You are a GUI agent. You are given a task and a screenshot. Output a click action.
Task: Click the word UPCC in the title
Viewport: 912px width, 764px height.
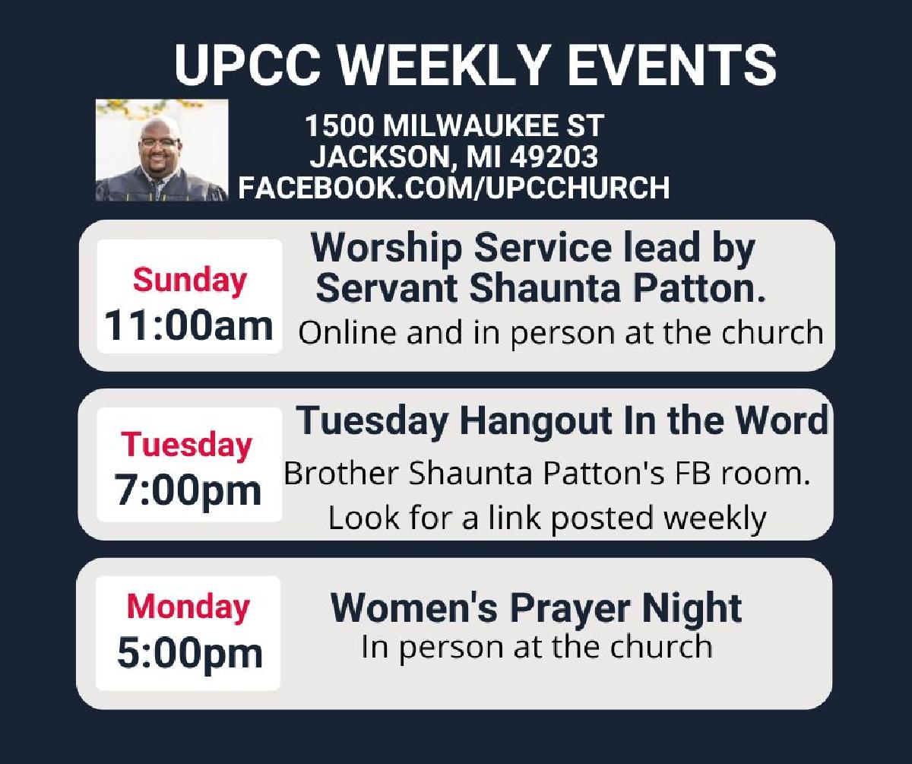pyautogui.click(x=247, y=65)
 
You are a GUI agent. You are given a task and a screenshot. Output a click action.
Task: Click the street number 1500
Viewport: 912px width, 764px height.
pyautogui.click(x=340, y=125)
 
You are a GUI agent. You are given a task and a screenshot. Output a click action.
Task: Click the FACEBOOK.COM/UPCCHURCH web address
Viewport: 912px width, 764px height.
pyautogui.click(x=454, y=188)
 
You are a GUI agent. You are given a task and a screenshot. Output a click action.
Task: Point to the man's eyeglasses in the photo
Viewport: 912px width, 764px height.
pyautogui.click(x=160, y=142)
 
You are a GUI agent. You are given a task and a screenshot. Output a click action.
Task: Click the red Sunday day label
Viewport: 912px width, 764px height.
pyautogui.click(x=189, y=281)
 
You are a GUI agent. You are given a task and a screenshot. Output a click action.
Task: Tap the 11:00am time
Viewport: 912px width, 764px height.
pyautogui.click(x=188, y=326)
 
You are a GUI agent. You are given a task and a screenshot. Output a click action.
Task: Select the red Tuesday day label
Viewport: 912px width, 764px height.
pyautogui.click(x=186, y=445)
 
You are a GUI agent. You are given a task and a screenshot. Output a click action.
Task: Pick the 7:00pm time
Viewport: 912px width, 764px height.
pyautogui.click(x=188, y=490)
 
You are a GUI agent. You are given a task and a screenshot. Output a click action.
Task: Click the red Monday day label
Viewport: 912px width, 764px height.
pyautogui.click(x=188, y=607)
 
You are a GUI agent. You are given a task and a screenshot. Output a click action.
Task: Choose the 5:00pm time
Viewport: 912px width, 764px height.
pyautogui.click(x=189, y=653)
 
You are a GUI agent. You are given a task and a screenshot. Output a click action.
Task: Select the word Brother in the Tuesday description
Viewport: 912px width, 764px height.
pyautogui.click(x=340, y=473)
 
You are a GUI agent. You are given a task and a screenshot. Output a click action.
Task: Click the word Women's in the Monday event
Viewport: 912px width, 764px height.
pyautogui.click(x=414, y=607)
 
